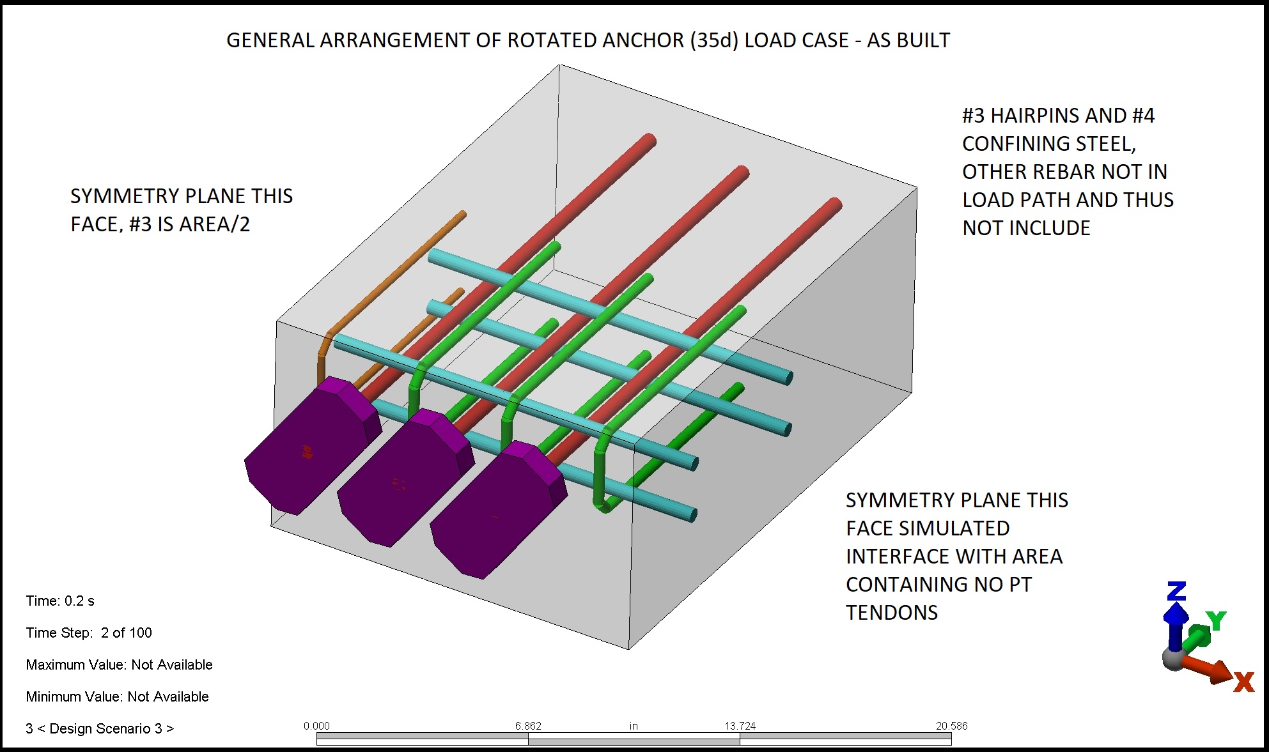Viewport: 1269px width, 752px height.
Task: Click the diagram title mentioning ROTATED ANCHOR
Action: tap(588, 40)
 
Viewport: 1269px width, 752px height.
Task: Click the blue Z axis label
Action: tap(1176, 591)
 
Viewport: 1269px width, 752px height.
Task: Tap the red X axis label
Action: tap(1243, 682)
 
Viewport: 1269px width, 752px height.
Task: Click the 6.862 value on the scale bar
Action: tap(528, 726)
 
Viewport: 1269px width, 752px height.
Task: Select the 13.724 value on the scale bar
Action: tap(740, 726)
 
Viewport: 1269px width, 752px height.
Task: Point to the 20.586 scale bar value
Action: tap(951, 726)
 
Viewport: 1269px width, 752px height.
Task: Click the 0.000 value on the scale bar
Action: tap(316, 726)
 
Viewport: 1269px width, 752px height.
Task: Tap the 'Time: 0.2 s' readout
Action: tap(60, 601)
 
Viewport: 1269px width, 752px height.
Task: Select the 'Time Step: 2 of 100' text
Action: tap(89, 633)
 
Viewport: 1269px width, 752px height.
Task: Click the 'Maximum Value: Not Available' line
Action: tap(119, 664)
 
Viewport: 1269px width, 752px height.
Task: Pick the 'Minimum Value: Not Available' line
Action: tap(117, 696)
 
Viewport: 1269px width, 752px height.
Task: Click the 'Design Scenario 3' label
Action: tap(100, 728)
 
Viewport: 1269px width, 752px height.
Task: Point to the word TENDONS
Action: tap(892, 613)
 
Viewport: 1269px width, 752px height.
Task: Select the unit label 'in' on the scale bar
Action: tap(634, 726)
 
